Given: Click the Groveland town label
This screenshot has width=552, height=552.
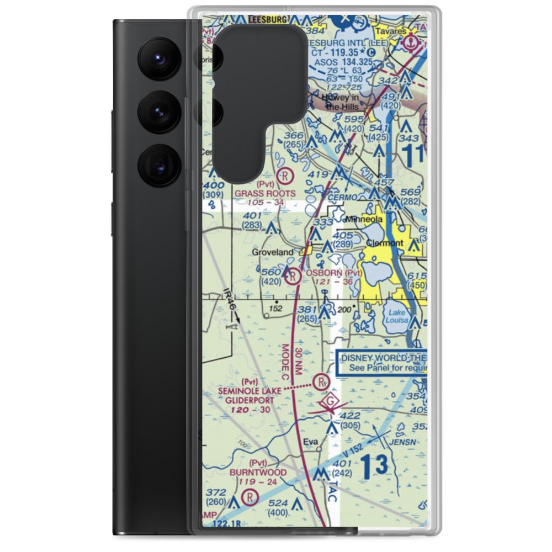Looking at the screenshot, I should (x=273, y=252).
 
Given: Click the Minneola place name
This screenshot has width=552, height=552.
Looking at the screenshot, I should (x=364, y=219).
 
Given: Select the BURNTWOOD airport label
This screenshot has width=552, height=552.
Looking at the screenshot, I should (x=259, y=473).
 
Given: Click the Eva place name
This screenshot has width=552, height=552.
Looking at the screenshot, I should (x=311, y=442).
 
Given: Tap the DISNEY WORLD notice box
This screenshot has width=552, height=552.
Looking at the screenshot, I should (x=382, y=363).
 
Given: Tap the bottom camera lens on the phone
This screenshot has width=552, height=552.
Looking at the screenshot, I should (x=157, y=165).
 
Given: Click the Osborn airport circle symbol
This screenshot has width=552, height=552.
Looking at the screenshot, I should (x=294, y=277).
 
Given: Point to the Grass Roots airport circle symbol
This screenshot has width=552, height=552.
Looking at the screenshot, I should (x=285, y=177).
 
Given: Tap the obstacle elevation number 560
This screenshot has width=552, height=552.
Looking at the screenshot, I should (x=271, y=272).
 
